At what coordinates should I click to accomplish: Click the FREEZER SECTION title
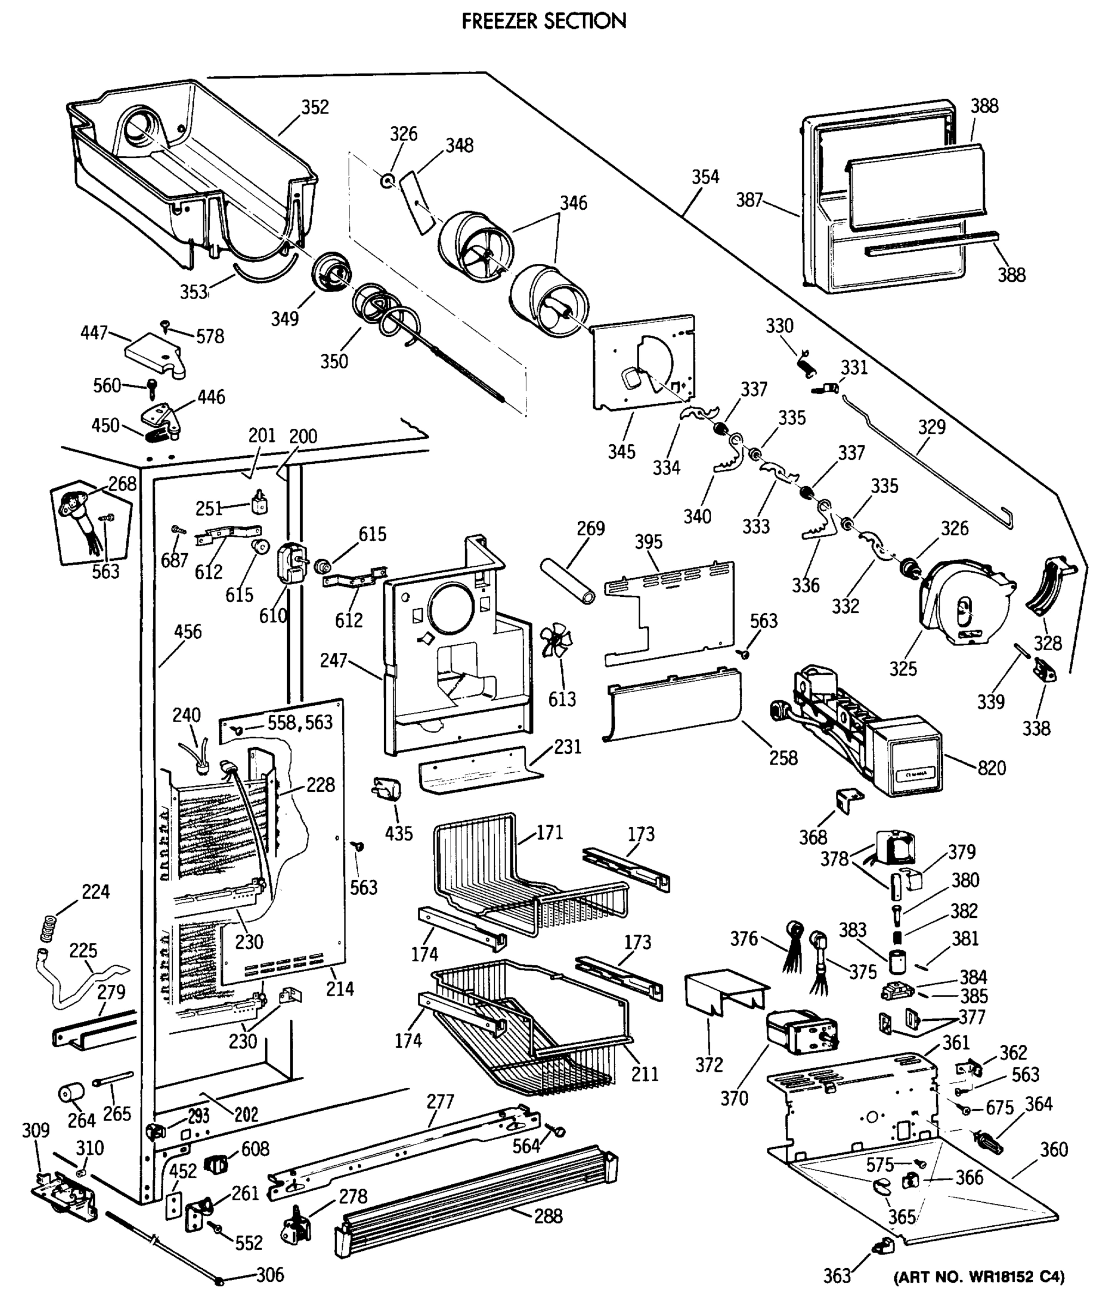point(543,21)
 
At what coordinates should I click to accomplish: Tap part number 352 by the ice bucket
point(314,107)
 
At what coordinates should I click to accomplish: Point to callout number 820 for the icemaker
point(991,768)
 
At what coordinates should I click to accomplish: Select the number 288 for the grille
point(548,1216)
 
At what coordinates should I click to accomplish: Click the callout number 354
point(705,177)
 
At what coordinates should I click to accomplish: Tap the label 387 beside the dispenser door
point(749,199)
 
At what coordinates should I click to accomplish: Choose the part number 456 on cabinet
point(187,632)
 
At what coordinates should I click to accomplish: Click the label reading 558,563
point(300,723)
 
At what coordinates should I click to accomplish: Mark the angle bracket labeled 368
point(849,801)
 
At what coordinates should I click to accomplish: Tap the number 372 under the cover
point(708,1065)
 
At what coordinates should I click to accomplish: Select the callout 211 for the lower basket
point(644,1074)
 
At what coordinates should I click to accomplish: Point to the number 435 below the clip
point(398,833)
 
